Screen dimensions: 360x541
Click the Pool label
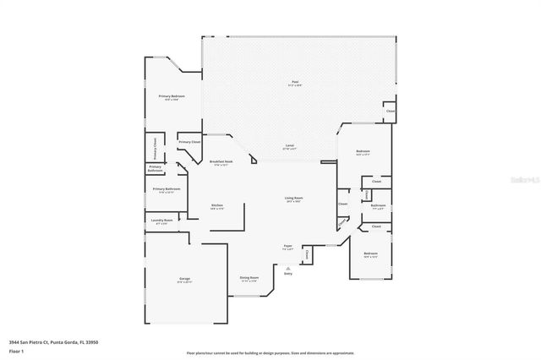point(295,82)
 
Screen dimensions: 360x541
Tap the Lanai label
point(288,146)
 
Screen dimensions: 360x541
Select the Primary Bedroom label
point(172,96)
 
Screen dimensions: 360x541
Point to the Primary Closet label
point(189,142)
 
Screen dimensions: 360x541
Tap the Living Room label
point(293,199)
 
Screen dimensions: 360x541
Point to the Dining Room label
point(249,277)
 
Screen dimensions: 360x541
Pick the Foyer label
point(288,248)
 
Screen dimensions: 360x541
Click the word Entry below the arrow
point(288,274)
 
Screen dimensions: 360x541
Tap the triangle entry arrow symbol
point(288,267)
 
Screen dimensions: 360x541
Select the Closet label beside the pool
point(390,112)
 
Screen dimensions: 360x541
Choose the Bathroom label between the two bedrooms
point(378,205)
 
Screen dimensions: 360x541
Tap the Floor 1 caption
point(18,351)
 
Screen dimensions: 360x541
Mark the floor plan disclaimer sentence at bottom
point(270,352)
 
